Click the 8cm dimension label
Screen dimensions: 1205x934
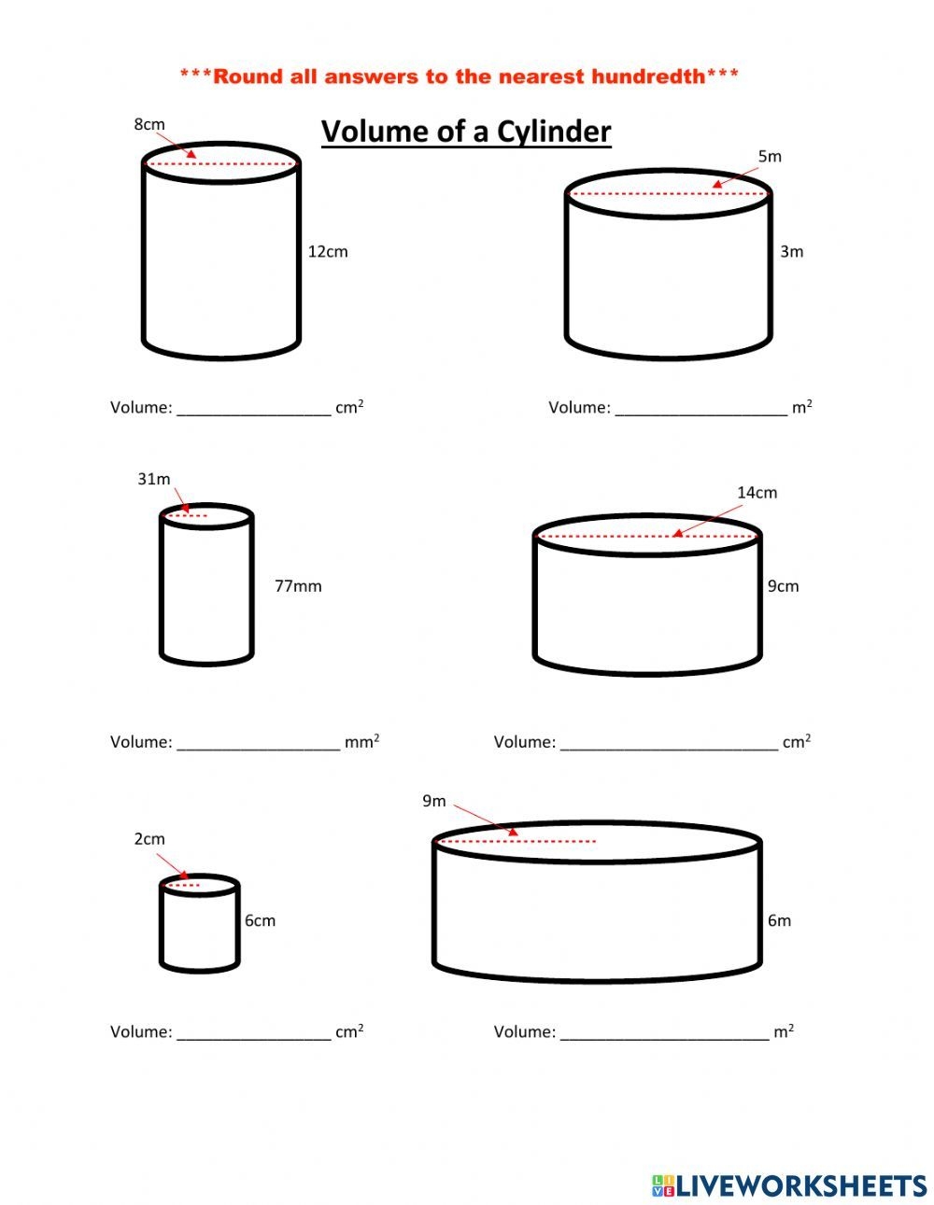click(x=149, y=124)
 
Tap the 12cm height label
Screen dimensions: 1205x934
click(x=328, y=251)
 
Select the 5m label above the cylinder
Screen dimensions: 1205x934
click(x=770, y=156)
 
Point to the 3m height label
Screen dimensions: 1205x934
click(x=792, y=251)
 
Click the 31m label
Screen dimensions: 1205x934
click(x=154, y=479)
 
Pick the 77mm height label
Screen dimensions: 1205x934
click(x=298, y=586)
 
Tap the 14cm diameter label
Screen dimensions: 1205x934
click(x=757, y=492)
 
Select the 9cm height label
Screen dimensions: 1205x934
click(x=784, y=586)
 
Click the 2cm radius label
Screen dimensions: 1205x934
click(x=149, y=839)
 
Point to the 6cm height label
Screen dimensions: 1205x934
click(x=261, y=920)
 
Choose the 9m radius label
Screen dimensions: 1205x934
click(x=434, y=801)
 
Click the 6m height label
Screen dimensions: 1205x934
click(x=780, y=920)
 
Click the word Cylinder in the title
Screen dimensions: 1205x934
click(x=553, y=132)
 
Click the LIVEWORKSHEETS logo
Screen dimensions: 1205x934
click(x=789, y=1185)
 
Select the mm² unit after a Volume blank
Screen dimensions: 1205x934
click(x=361, y=742)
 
